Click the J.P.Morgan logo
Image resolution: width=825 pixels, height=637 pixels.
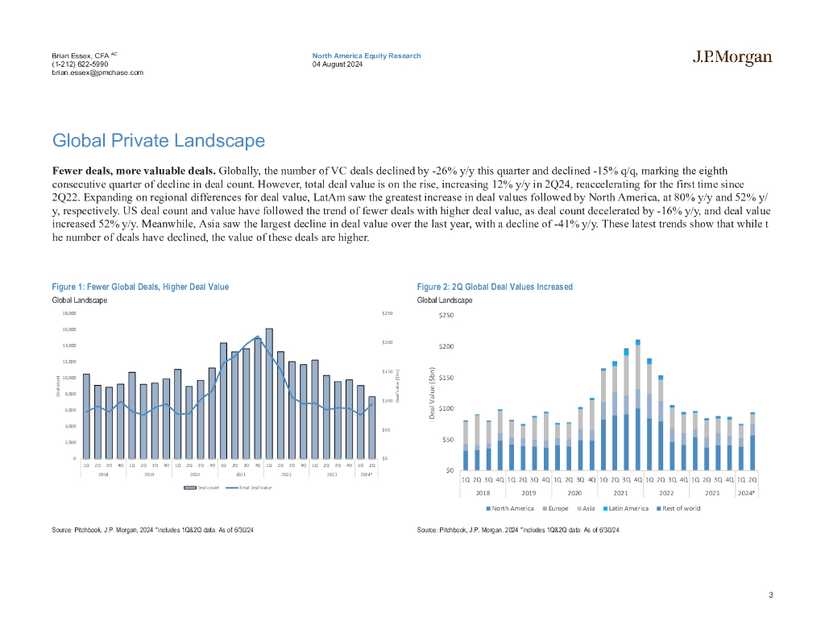click(x=732, y=57)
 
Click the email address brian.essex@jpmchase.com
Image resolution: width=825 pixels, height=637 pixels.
click(x=97, y=72)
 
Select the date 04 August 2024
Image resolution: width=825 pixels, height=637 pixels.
click(x=337, y=64)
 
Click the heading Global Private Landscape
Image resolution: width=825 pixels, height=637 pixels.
click(x=158, y=141)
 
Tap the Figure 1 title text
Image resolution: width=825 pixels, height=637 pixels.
click(x=140, y=287)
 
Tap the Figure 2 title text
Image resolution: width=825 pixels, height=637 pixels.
click(x=495, y=287)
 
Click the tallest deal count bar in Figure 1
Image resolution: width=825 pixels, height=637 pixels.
click(x=269, y=393)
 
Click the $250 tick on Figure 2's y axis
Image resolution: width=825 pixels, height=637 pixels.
click(x=447, y=316)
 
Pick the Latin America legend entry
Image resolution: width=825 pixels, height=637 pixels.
click(x=628, y=508)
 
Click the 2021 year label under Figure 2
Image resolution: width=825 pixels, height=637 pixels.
click(x=620, y=491)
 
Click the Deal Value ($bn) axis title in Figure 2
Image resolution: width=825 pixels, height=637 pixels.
click(x=431, y=390)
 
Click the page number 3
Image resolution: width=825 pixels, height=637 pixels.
click(x=771, y=595)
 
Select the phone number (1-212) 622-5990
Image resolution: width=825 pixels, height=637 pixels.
click(x=80, y=64)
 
